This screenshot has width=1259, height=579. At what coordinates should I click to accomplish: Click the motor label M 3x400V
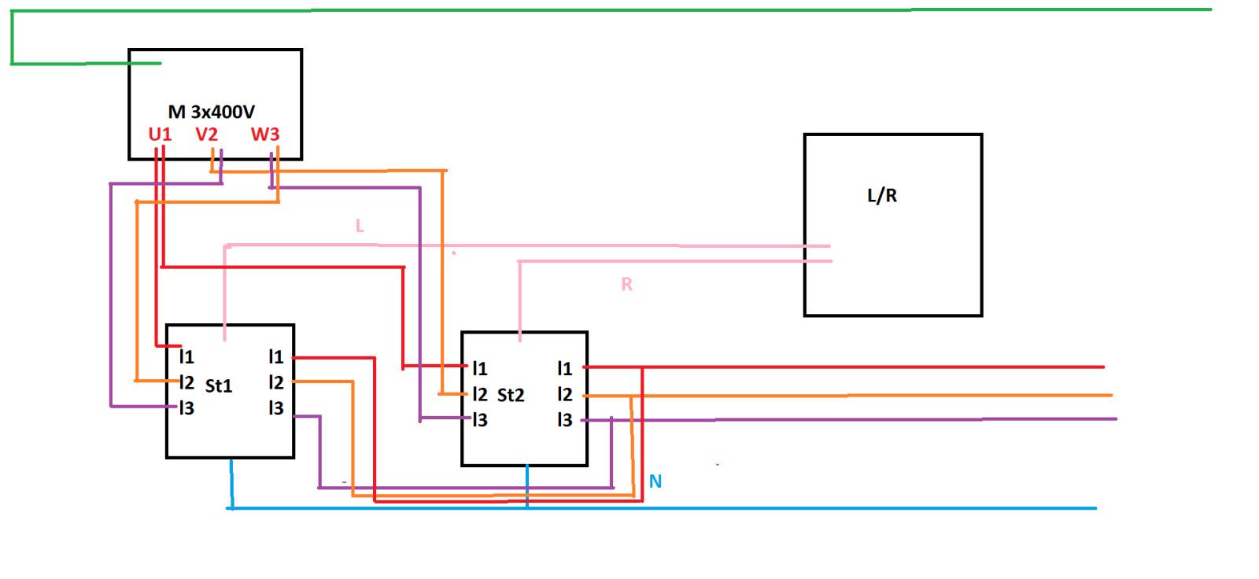(x=212, y=112)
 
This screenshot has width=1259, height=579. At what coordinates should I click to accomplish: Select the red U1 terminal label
(x=160, y=135)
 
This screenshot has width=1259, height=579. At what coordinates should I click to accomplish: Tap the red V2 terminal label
(x=206, y=135)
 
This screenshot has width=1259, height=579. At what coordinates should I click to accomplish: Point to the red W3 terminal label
(x=264, y=135)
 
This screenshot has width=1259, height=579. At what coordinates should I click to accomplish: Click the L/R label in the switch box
(x=882, y=196)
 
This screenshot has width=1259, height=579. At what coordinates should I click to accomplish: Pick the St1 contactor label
(x=219, y=385)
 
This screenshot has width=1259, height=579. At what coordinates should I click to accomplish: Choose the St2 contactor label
(x=511, y=395)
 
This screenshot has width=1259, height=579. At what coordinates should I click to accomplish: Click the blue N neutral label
(x=655, y=481)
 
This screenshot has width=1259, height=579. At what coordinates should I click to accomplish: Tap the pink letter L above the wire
(x=360, y=226)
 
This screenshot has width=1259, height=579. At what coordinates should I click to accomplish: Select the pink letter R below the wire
(x=626, y=285)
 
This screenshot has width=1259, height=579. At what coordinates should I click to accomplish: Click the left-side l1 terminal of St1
(x=186, y=356)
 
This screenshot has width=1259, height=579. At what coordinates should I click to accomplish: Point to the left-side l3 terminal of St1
(x=186, y=408)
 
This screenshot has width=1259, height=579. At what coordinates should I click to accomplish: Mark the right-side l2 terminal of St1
(x=276, y=382)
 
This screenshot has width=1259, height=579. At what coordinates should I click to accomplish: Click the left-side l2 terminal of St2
(x=479, y=394)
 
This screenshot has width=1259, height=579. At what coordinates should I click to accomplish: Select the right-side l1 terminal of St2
(x=565, y=368)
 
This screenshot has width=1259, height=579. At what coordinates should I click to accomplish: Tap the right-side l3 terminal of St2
(x=565, y=419)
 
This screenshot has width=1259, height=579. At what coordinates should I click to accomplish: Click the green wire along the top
(x=611, y=10)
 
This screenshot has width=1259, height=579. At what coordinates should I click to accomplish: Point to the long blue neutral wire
(x=662, y=508)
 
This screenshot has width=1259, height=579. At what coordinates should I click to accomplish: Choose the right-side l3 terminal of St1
(x=276, y=408)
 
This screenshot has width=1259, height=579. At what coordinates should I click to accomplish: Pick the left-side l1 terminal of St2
(x=479, y=368)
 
